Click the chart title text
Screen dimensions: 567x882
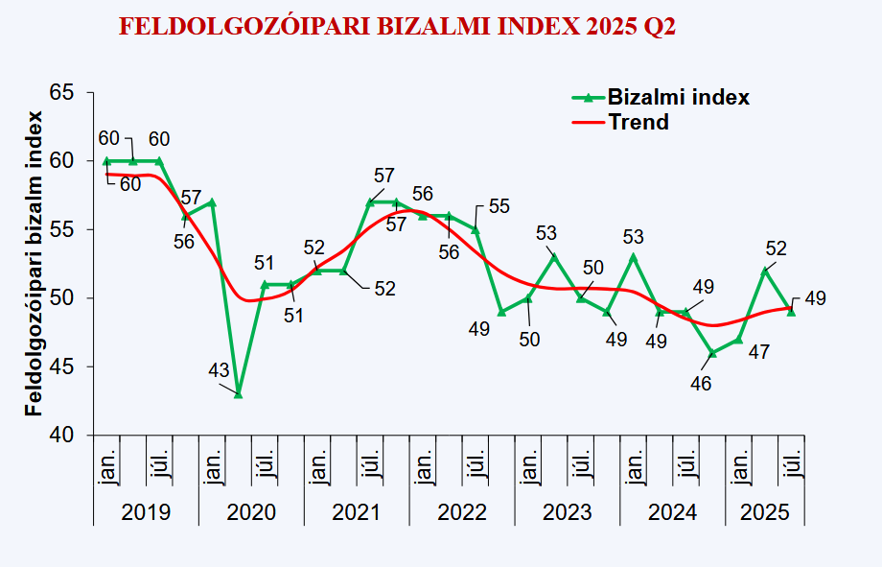click(x=397, y=26)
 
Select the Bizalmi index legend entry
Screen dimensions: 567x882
click(x=661, y=97)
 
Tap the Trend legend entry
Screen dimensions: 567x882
click(x=638, y=122)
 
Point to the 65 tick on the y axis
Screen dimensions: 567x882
click(x=61, y=92)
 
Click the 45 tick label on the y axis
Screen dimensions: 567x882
click(x=61, y=366)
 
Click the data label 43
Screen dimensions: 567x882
click(x=219, y=370)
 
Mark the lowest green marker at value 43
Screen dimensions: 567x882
click(x=238, y=393)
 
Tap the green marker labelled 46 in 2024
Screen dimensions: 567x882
click(x=712, y=353)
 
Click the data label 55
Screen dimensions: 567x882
click(x=499, y=206)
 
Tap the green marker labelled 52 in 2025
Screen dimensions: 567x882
click(x=765, y=271)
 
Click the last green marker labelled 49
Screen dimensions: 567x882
click(x=791, y=311)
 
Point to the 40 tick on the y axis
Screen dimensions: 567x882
click(x=61, y=435)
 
